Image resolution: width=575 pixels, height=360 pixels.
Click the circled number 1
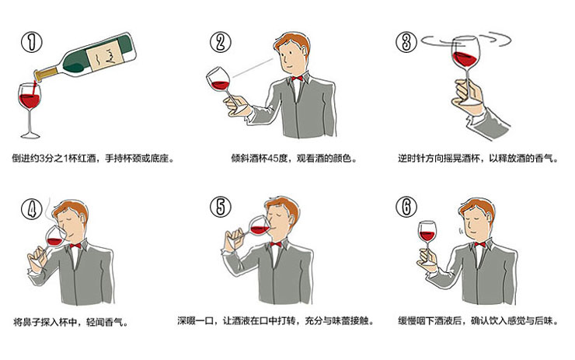[x=32, y=42]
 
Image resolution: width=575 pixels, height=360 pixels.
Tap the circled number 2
[x=221, y=42]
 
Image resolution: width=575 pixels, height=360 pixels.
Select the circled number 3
[x=406, y=42]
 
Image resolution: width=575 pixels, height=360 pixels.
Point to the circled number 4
[x=32, y=209]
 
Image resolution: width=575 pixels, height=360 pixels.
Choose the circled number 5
[x=221, y=206]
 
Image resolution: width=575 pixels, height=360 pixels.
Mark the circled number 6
[x=406, y=206]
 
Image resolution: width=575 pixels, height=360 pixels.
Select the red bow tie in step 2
[x=297, y=79]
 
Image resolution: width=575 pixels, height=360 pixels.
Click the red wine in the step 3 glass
[x=465, y=59]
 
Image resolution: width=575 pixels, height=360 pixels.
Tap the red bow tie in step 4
[x=75, y=246]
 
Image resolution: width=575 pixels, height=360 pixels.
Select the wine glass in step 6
[x=427, y=241]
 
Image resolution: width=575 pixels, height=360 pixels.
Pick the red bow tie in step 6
[x=479, y=245]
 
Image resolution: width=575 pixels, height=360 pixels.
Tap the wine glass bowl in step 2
[x=218, y=79]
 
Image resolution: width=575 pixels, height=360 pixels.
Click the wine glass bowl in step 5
[x=259, y=227]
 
